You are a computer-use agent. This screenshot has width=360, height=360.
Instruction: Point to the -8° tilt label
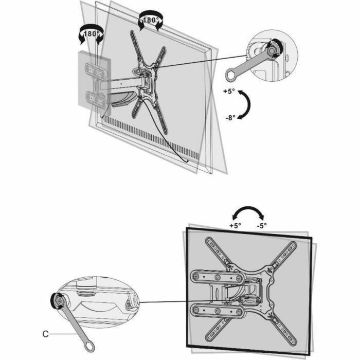(x=229, y=117)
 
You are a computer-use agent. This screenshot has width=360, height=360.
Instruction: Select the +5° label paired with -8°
(x=229, y=91)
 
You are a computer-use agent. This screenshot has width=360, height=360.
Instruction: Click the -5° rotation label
(x=261, y=225)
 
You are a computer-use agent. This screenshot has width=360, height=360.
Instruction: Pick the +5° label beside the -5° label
(x=235, y=225)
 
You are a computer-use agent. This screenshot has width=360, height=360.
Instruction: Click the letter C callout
(x=46, y=334)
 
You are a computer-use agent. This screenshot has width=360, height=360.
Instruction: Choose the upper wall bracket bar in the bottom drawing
(x=216, y=278)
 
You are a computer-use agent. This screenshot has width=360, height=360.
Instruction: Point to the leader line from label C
(x=62, y=334)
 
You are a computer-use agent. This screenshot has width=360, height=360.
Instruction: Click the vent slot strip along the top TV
(x=149, y=136)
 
